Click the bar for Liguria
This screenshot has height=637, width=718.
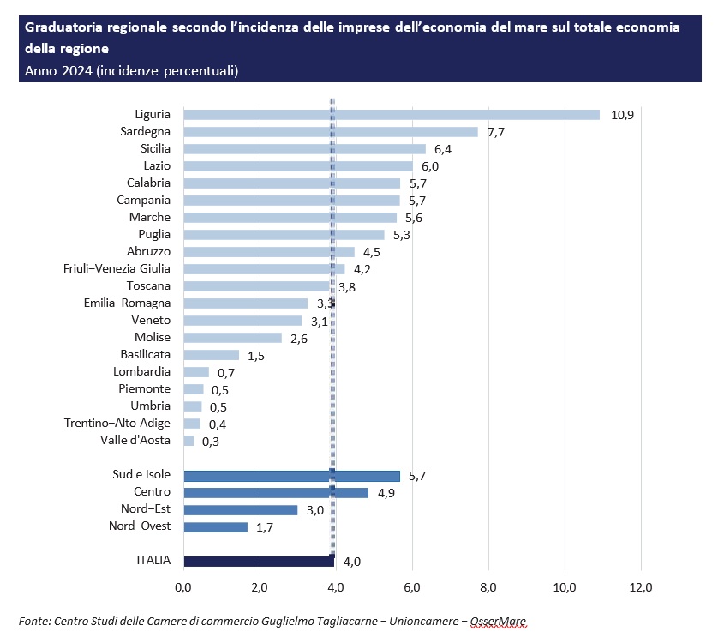pos(392,115)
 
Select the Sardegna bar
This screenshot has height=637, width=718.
pos(331,132)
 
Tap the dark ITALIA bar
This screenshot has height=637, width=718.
pos(259,561)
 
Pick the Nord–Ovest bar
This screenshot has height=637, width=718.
pos(216,526)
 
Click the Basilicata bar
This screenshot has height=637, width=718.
pos(212,355)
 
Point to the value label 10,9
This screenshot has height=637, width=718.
pos(621,115)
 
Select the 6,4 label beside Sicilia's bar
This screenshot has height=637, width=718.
pos(443,149)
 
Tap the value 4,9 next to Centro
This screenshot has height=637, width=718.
pos(386,492)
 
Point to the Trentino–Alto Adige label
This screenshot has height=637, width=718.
pos(117,423)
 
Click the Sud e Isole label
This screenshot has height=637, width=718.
pos(141,474)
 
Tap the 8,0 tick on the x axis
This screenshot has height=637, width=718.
pos(488,587)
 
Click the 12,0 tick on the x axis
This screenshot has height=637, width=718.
pos(641,587)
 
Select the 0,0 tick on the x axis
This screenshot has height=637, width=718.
pos(183,587)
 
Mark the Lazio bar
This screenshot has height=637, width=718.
pos(298,166)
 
